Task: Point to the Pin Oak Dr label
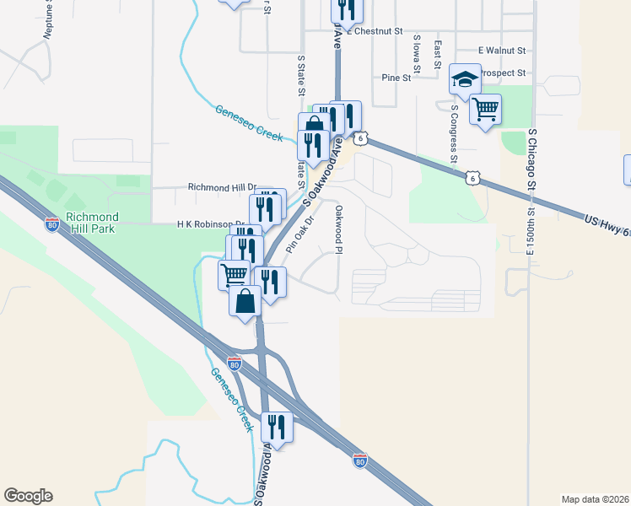299,234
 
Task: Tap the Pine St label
396,78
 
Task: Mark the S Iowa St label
417,51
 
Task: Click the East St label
437,54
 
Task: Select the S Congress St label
454,133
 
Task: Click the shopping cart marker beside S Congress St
485,109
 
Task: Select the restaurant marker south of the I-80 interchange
277,427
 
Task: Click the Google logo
28,496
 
